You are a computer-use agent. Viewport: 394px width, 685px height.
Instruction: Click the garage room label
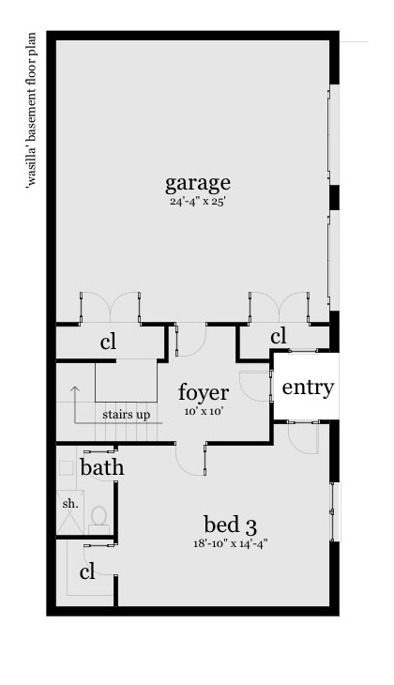pyautogui.click(x=197, y=184)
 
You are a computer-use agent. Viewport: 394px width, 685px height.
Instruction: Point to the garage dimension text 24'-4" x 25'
pyautogui.click(x=197, y=202)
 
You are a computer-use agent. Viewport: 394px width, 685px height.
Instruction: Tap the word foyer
pyautogui.click(x=204, y=392)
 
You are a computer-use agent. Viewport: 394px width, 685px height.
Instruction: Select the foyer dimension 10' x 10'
pyautogui.click(x=204, y=411)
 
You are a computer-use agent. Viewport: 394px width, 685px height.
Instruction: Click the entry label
pyautogui.click(x=308, y=388)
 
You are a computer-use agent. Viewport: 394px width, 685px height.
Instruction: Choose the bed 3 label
pyautogui.click(x=230, y=525)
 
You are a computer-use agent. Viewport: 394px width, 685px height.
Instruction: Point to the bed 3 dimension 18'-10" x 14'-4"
pyautogui.click(x=230, y=544)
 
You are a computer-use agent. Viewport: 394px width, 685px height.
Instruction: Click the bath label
pyautogui.click(x=102, y=467)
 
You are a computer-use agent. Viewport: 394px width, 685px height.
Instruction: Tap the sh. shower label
pyautogui.click(x=70, y=503)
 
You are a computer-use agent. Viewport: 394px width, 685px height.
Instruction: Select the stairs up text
pyautogui.click(x=127, y=414)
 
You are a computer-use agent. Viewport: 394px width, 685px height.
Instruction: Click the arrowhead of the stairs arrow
pyautogui.click(x=76, y=388)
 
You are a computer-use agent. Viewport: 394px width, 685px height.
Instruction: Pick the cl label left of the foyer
pyautogui.click(x=108, y=342)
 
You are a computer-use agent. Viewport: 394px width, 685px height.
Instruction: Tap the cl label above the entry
pyautogui.click(x=279, y=337)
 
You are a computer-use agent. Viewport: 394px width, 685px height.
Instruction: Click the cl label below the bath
pyautogui.click(x=87, y=571)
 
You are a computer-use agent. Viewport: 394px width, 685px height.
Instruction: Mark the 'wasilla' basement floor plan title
pyautogui.click(x=32, y=109)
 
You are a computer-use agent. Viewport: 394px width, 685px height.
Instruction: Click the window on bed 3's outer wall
pyautogui.click(x=334, y=511)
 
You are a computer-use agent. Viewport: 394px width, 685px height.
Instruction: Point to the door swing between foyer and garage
pyautogui.click(x=190, y=341)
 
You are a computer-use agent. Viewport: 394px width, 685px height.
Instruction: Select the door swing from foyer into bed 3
pyautogui.click(x=190, y=459)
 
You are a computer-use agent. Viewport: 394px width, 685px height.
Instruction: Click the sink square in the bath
pyautogui.click(x=67, y=467)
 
